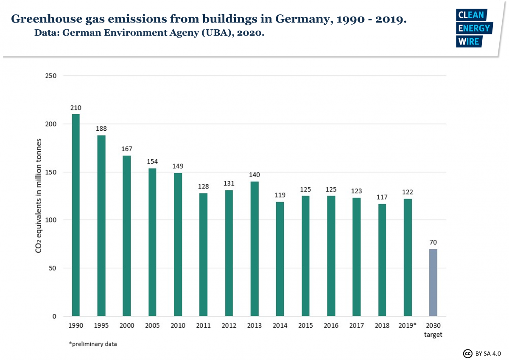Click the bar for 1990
point(76,215)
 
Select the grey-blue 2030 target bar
point(433,283)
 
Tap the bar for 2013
point(254,249)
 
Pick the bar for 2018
point(382,260)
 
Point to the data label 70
point(433,242)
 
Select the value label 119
point(280,195)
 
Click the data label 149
point(178,166)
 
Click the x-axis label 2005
point(152,326)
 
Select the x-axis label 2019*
point(408,326)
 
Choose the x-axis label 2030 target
point(433,330)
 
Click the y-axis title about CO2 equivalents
point(39,195)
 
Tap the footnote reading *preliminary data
point(93,344)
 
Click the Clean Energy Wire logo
point(474,28)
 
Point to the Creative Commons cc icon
point(467,353)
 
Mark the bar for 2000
point(126,236)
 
